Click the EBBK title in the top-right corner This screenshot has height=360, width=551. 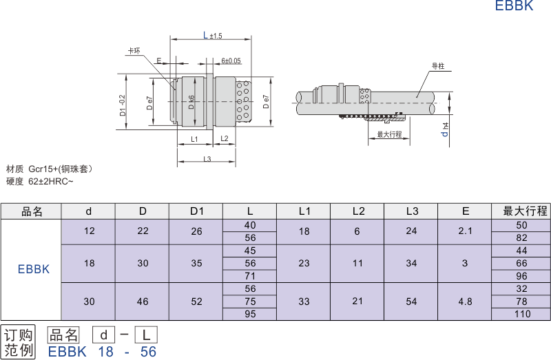(x=514, y=7)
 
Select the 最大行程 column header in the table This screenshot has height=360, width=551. (x=521, y=211)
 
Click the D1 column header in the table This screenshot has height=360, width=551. (x=196, y=211)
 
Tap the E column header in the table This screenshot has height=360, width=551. (x=466, y=211)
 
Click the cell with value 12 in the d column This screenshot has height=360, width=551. (x=89, y=231)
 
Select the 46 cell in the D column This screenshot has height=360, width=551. (x=143, y=301)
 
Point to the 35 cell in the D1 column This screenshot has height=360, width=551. (x=196, y=263)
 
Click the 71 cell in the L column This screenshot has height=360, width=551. (x=250, y=276)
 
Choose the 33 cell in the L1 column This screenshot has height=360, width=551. (x=304, y=301)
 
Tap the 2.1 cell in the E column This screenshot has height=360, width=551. (x=466, y=231)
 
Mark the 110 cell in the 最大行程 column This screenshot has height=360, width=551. (x=522, y=314)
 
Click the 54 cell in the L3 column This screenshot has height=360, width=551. (x=412, y=301)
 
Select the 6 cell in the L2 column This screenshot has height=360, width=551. (x=357, y=231)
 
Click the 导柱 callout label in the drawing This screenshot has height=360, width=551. (x=437, y=66)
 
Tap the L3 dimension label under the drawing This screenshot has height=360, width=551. (x=207, y=159)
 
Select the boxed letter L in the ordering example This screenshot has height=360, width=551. (x=145, y=335)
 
